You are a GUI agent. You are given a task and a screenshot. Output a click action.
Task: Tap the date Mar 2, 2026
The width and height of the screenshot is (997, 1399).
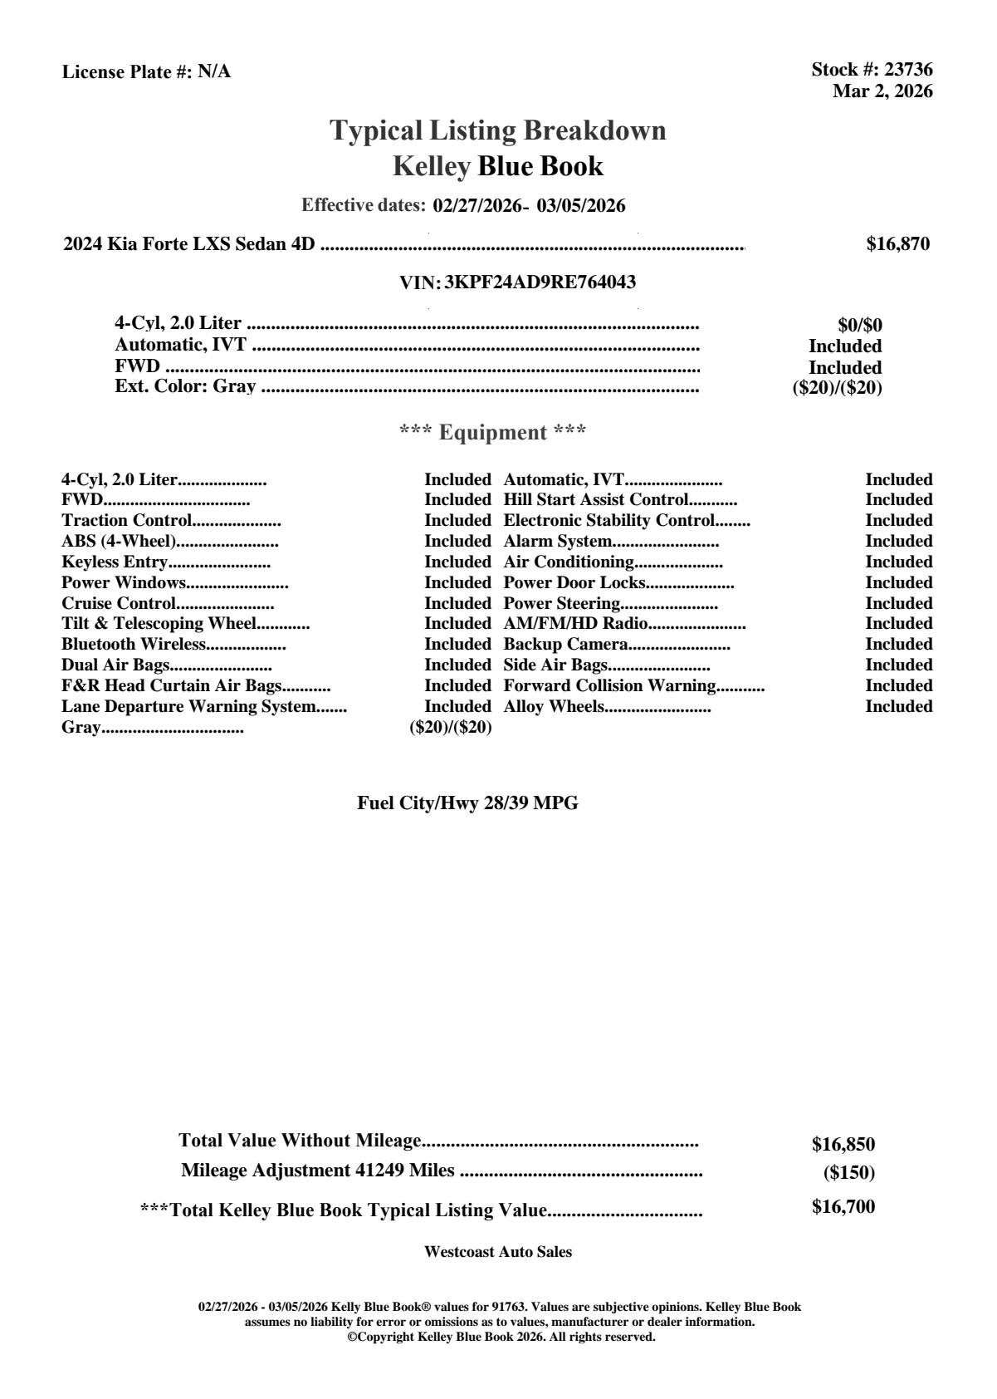(x=882, y=91)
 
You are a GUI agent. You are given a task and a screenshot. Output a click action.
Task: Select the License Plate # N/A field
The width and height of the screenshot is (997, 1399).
(x=146, y=72)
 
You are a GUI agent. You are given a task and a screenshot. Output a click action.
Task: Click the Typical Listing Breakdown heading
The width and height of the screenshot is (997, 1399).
(x=498, y=130)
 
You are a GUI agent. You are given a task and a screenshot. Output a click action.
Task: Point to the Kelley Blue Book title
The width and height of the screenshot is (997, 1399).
(x=498, y=166)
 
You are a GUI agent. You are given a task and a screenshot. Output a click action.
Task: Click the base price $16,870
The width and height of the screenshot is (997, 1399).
(x=897, y=244)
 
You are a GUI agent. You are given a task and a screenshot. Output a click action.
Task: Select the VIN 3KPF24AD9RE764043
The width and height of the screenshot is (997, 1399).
(x=540, y=282)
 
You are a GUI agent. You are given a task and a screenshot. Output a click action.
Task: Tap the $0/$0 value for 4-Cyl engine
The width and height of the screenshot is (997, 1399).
(x=860, y=325)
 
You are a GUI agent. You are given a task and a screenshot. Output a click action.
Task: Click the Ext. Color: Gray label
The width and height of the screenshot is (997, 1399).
(x=185, y=386)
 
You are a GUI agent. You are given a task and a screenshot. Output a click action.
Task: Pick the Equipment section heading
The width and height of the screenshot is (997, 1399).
(x=493, y=433)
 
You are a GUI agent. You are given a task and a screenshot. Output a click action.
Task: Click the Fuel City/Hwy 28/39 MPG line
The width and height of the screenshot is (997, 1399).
(x=467, y=803)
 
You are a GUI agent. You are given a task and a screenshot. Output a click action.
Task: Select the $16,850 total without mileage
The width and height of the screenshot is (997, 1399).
(x=843, y=1145)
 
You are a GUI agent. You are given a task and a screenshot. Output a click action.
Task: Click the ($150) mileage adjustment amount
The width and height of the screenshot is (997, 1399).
(x=848, y=1173)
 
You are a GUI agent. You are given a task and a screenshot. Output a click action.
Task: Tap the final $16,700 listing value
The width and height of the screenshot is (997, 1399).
(x=843, y=1207)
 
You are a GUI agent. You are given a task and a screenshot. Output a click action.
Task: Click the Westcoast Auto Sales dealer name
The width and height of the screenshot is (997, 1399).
(x=497, y=1252)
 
